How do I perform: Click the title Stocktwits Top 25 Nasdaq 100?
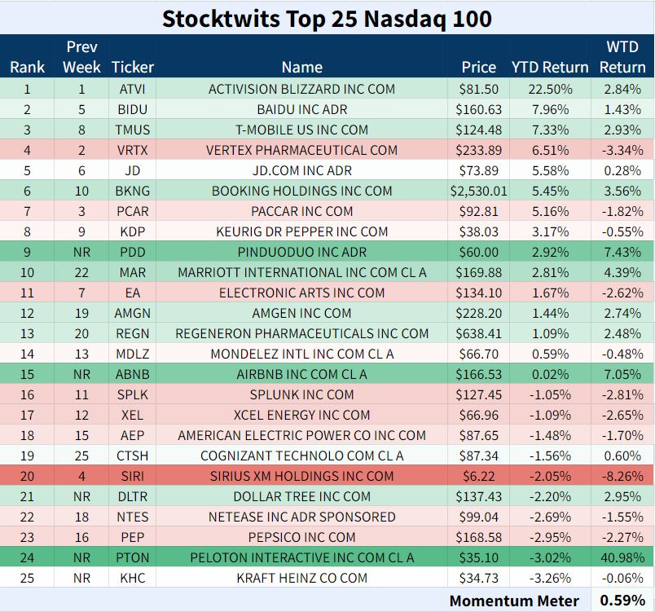point(327,20)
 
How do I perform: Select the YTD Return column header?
point(550,68)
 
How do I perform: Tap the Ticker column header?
point(133,68)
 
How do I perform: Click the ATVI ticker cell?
point(133,89)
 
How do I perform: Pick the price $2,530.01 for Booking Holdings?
point(479,191)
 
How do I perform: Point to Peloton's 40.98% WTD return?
point(622,557)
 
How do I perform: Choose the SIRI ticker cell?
point(133,476)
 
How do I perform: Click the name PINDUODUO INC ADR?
point(302,253)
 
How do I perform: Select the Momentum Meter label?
point(514,601)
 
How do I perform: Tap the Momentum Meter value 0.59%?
point(622,601)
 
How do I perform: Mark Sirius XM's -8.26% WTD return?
point(622,476)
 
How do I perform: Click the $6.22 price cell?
point(479,476)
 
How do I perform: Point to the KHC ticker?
point(133,578)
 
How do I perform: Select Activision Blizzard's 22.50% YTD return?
point(550,89)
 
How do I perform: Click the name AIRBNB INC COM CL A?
point(302,374)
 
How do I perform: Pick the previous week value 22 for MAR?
point(81,272)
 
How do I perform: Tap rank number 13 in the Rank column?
point(27,334)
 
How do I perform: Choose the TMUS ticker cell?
point(133,130)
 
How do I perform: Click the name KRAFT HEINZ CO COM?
point(302,578)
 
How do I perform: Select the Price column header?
point(479,68)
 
